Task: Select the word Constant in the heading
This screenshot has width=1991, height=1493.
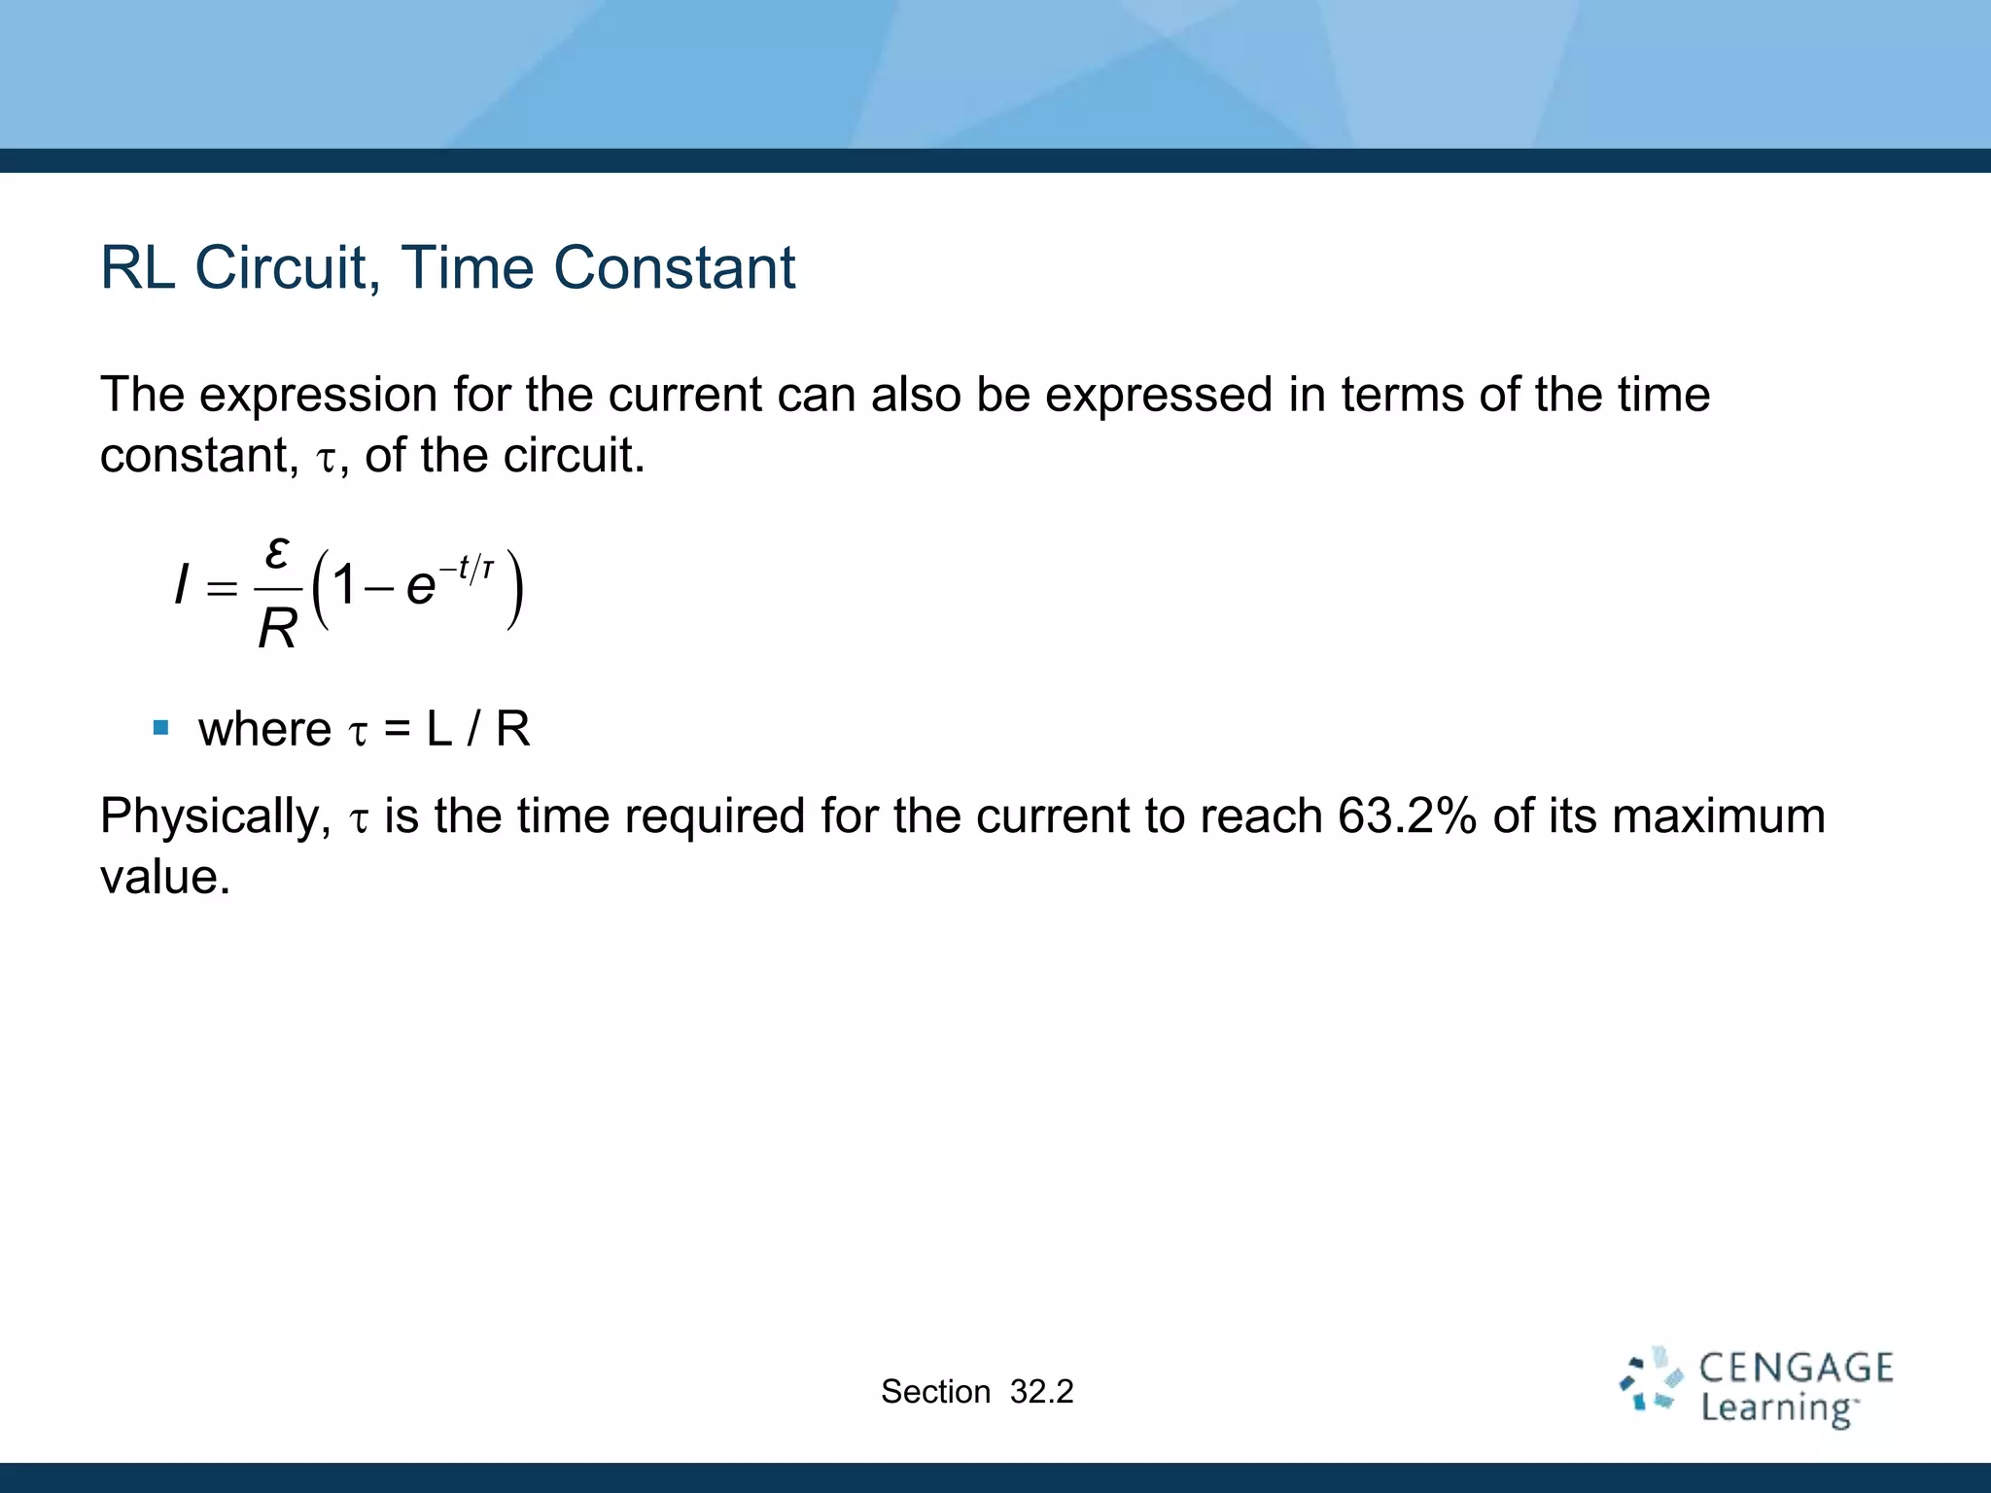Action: point(674,267)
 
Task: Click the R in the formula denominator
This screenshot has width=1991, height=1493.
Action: point(277,629)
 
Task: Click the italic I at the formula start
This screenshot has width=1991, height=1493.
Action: point(181,586)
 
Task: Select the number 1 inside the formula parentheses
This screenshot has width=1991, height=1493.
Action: point(343,586)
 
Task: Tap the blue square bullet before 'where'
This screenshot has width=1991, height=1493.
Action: point(161,727)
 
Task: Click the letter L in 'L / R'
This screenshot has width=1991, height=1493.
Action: point(439,729)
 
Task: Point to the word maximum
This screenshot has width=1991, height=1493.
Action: point(1718,816)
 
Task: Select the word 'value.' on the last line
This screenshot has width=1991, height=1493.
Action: point(165,877)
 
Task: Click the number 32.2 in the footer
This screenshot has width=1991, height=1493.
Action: point(1041,1392)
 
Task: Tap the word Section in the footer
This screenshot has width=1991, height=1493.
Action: point(935,1392)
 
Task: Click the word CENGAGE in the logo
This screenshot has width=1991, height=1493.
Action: point(1796,1369)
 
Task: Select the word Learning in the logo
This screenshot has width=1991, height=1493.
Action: point(1777,1408)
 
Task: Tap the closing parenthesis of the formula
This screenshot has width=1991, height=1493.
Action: point(515,589)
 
